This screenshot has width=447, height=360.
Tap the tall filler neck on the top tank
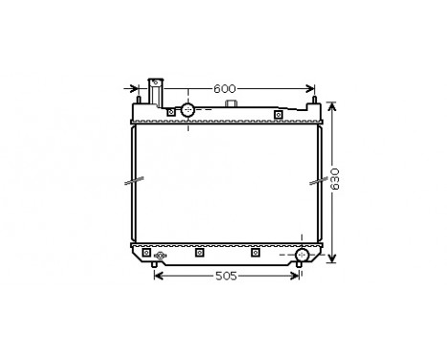(x=154, y=92)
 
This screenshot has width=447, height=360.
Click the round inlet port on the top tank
(x=188, y=110)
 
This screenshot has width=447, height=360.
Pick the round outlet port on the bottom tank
(x=302, y=255)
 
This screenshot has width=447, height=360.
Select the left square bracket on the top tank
(x=171, y=112)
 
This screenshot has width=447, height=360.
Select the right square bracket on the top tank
(x=278, y=114)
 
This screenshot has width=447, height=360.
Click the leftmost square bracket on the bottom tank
(x=145, y=253)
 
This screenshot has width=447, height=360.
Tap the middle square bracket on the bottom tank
(x=199, y=253)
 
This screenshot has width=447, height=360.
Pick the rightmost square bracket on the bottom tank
(x=255, y=253)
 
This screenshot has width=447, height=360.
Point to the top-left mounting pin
(x=139, y=97)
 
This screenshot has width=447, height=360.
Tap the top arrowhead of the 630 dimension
(x=331, y=103)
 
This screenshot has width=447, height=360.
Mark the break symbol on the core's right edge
(x=318, y=180)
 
